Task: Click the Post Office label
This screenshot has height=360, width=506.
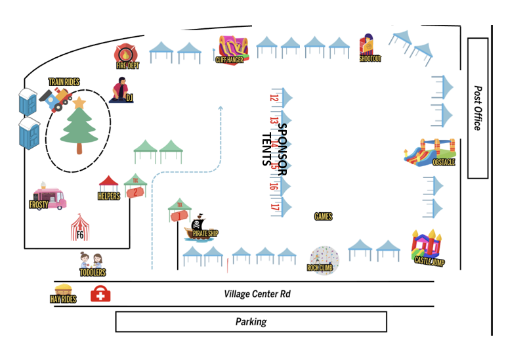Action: pyautogui.click(x=478, y=108)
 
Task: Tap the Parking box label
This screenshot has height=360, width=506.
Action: pyautogui.click(x=251, y=322)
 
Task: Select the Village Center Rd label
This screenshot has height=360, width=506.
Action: pyautogui.click(x=257, y=294)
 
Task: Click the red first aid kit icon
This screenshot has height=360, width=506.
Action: pyautogui.click(x=100, y=294)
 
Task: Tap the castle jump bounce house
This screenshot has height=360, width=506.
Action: pyautogui.click(x=427, y=246)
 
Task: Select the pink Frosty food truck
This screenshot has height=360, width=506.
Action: pyautogui.click(x=50, y=197)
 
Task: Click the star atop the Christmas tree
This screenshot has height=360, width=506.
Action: pyautogui.click(x=79, y=102)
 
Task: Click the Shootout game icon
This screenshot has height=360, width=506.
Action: pyautogui.click(x=368, y=46)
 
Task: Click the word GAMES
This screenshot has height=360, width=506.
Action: pyautogui.click(x=323, y=217)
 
